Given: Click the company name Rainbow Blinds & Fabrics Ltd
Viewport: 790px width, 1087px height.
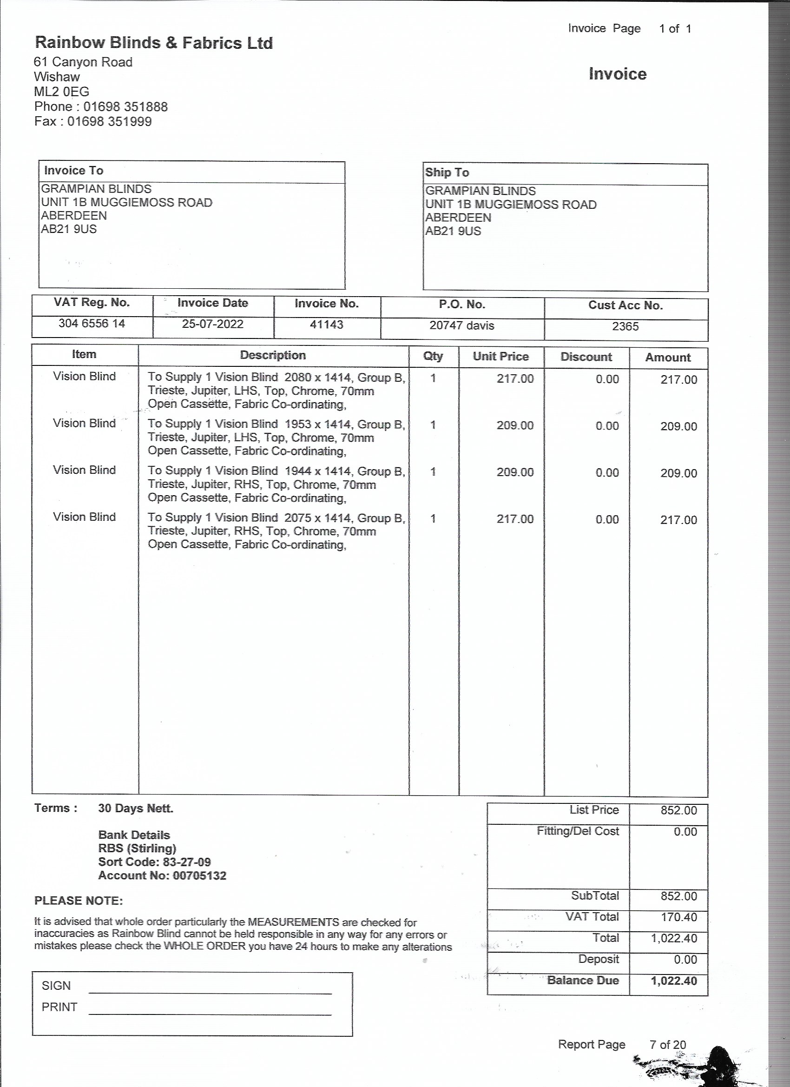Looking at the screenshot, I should (154, 43).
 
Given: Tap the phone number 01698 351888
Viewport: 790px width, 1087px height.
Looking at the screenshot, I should (125, 106).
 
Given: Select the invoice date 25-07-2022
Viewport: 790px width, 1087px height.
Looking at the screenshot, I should (212, 324).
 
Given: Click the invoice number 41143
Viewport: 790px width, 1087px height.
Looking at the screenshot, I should (326, 325).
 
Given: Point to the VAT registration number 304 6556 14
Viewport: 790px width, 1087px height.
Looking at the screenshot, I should (92, 324).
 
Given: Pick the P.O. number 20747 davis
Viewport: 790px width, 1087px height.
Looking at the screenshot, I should (461, 325).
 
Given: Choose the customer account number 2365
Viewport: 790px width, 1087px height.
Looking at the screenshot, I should (625, 326).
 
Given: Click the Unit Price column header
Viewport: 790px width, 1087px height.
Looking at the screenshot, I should (500, 357).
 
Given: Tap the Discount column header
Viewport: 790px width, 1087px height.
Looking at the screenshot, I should (586, 357).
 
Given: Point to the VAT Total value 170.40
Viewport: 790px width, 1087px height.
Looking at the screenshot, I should (678, 917).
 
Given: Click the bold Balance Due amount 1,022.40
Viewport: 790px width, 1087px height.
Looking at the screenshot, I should (673, 981).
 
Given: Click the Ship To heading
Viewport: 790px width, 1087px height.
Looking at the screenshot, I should (447, 172).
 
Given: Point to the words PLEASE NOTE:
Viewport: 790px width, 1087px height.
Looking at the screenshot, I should (79, 901).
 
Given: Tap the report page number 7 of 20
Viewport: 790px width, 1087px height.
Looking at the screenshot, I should (667, 1044).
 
